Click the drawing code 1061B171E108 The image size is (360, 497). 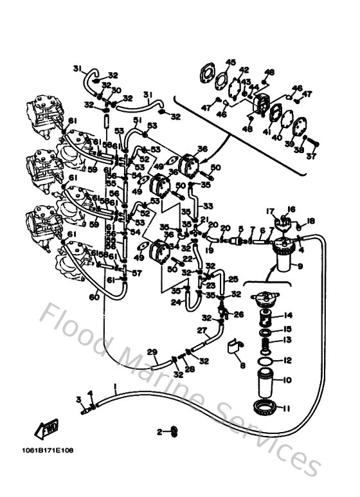(48, 450)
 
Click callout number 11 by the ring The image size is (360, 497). (287, 408)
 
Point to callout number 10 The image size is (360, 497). (287, 380)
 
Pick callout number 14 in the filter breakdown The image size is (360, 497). (288, 316)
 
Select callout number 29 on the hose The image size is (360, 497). (152, 352)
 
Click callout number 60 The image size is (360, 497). (94, 298)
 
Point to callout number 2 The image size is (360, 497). (159, 431)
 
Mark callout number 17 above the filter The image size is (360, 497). (271, 210)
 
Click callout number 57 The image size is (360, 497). (136, 273)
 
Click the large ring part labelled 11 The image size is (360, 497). (264, 406)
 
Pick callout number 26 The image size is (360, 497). (239, 314)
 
